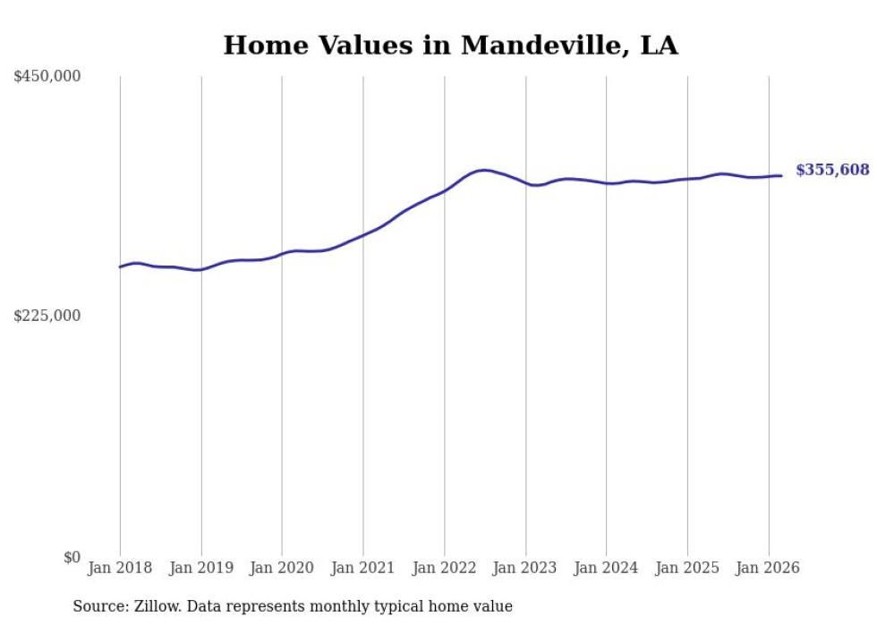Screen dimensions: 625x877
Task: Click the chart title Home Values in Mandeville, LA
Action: (x=450, y=46)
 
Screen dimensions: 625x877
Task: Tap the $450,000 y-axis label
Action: (x=47, y=77)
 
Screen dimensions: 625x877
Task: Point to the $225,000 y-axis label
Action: (x=47, y=316)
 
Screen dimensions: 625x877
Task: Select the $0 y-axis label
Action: (x=72, y=557)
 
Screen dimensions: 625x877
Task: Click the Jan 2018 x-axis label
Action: (x=120, y=568)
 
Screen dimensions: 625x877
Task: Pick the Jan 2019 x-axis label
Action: (x=200, y=568)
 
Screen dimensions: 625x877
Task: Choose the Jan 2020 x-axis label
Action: (x=282, y=568)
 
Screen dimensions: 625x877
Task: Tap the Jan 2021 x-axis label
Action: (x=363, y=568)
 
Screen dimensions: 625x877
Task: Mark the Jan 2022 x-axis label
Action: (x=444, y=568)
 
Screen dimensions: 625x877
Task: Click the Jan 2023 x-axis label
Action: (x=525, y=568)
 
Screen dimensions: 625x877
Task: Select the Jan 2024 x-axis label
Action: (x=606, y=568)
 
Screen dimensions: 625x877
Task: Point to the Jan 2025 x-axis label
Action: (x=687, y=568)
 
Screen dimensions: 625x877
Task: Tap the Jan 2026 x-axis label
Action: (x=768, y=568)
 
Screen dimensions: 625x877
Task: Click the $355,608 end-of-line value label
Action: (x=832, y=170)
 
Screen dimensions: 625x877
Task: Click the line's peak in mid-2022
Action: (x=484, y=170)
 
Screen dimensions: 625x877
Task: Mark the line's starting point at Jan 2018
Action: (x=120, y=266)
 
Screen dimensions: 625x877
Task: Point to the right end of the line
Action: (x=781, y=175)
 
